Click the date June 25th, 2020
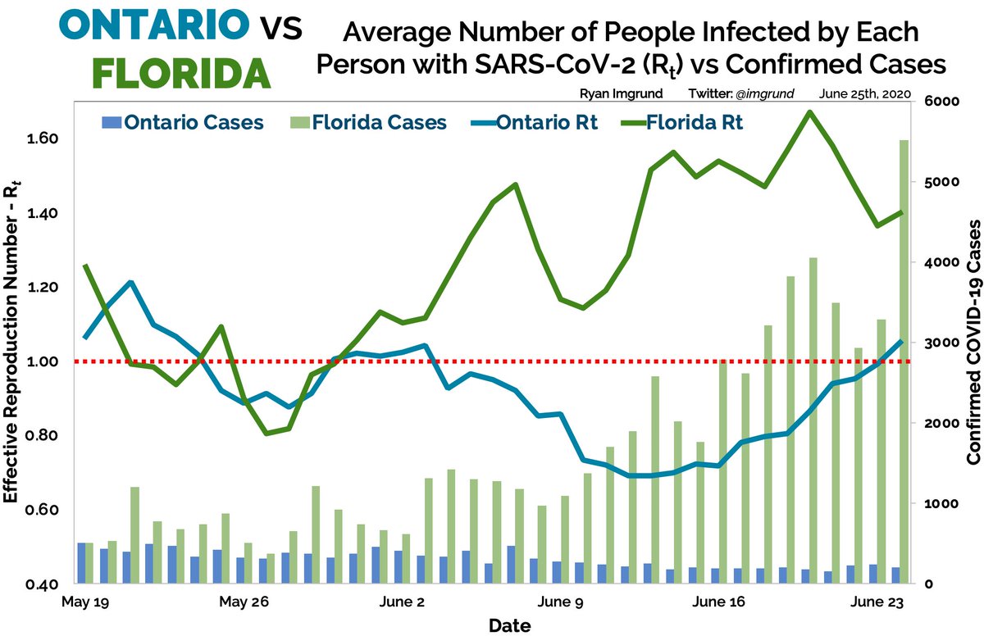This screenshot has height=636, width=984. click(863, 95)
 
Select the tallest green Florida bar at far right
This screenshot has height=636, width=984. click(903, 361)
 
